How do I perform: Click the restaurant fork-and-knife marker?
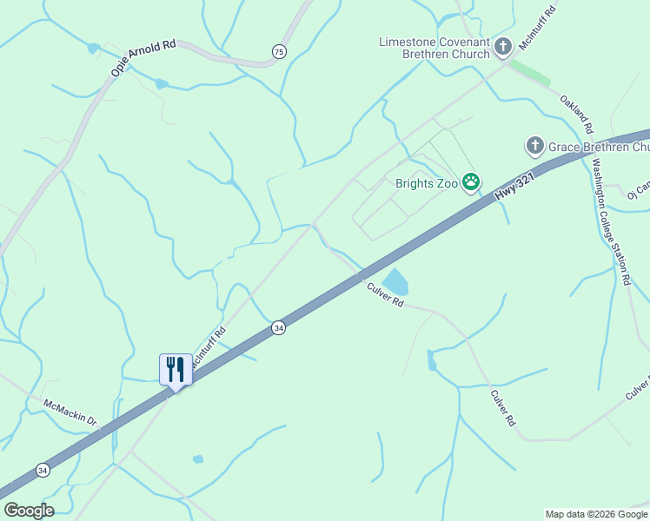click(x=176, y=370)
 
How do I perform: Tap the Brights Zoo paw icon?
click(x=471, y=182)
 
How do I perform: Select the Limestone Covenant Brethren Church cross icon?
click(x=504, y=49)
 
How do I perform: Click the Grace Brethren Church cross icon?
click(x=535, y=146)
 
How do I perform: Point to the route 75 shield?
click(x=278, y=53)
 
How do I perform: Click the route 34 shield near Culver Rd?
click(x=278, y=327)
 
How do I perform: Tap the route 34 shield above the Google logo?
click(x=43, y=470)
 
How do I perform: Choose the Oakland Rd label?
click(x=576, y=114)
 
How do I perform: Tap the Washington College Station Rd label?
click(x=610, y=222)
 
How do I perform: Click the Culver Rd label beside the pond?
click(x=385, y=294)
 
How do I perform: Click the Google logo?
click(x=29, y=511)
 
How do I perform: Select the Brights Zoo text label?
click(x=427, y=183)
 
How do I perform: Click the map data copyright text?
click(x=597, y=514)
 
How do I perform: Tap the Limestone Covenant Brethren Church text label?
click(x=434, y=48)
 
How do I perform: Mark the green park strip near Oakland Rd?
click(x=530, y=72)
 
